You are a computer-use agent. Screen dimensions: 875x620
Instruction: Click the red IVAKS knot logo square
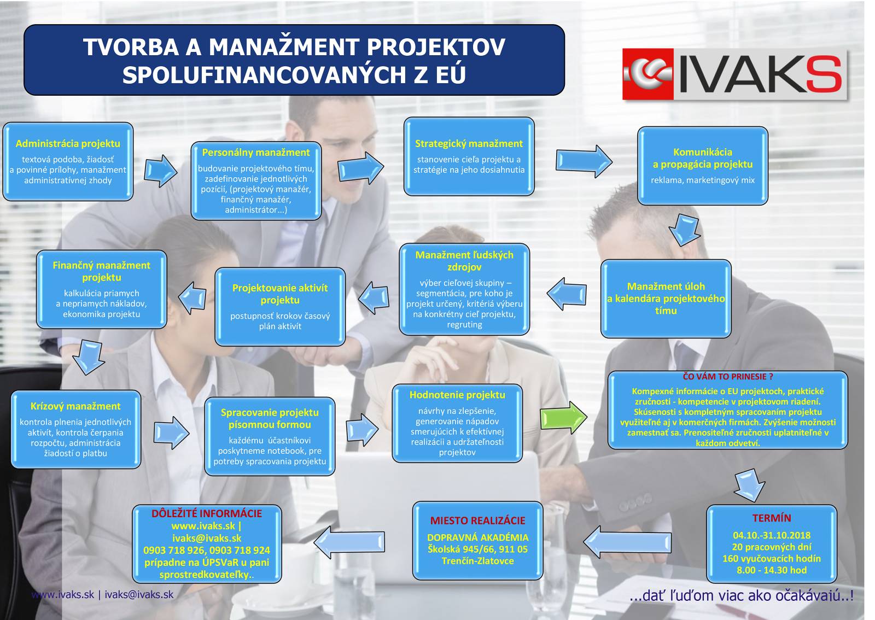648,74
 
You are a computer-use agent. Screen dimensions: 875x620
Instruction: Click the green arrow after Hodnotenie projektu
563,417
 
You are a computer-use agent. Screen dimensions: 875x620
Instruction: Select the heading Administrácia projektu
68,144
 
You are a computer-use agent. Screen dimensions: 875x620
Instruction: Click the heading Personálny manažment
256,153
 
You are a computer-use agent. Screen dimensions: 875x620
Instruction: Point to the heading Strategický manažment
469,144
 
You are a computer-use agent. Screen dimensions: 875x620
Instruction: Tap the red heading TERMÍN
772,518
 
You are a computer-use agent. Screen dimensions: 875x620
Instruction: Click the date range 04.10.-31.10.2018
772,535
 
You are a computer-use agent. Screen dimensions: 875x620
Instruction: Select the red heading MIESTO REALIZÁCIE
478,520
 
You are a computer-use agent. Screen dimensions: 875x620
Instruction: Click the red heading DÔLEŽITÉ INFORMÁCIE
207,513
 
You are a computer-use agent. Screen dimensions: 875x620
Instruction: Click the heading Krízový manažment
75,406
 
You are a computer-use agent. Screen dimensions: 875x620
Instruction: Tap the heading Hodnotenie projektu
457,395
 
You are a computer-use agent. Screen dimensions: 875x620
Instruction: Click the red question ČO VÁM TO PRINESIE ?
728,376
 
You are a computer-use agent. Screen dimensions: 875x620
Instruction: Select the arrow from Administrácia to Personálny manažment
161,171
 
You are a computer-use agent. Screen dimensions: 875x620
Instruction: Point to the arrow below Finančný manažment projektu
89,357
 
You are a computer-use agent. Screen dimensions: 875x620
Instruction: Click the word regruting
464,324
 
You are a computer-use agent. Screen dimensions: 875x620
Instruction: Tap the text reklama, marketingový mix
702,180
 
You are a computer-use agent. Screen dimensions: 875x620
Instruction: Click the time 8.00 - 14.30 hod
772,570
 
